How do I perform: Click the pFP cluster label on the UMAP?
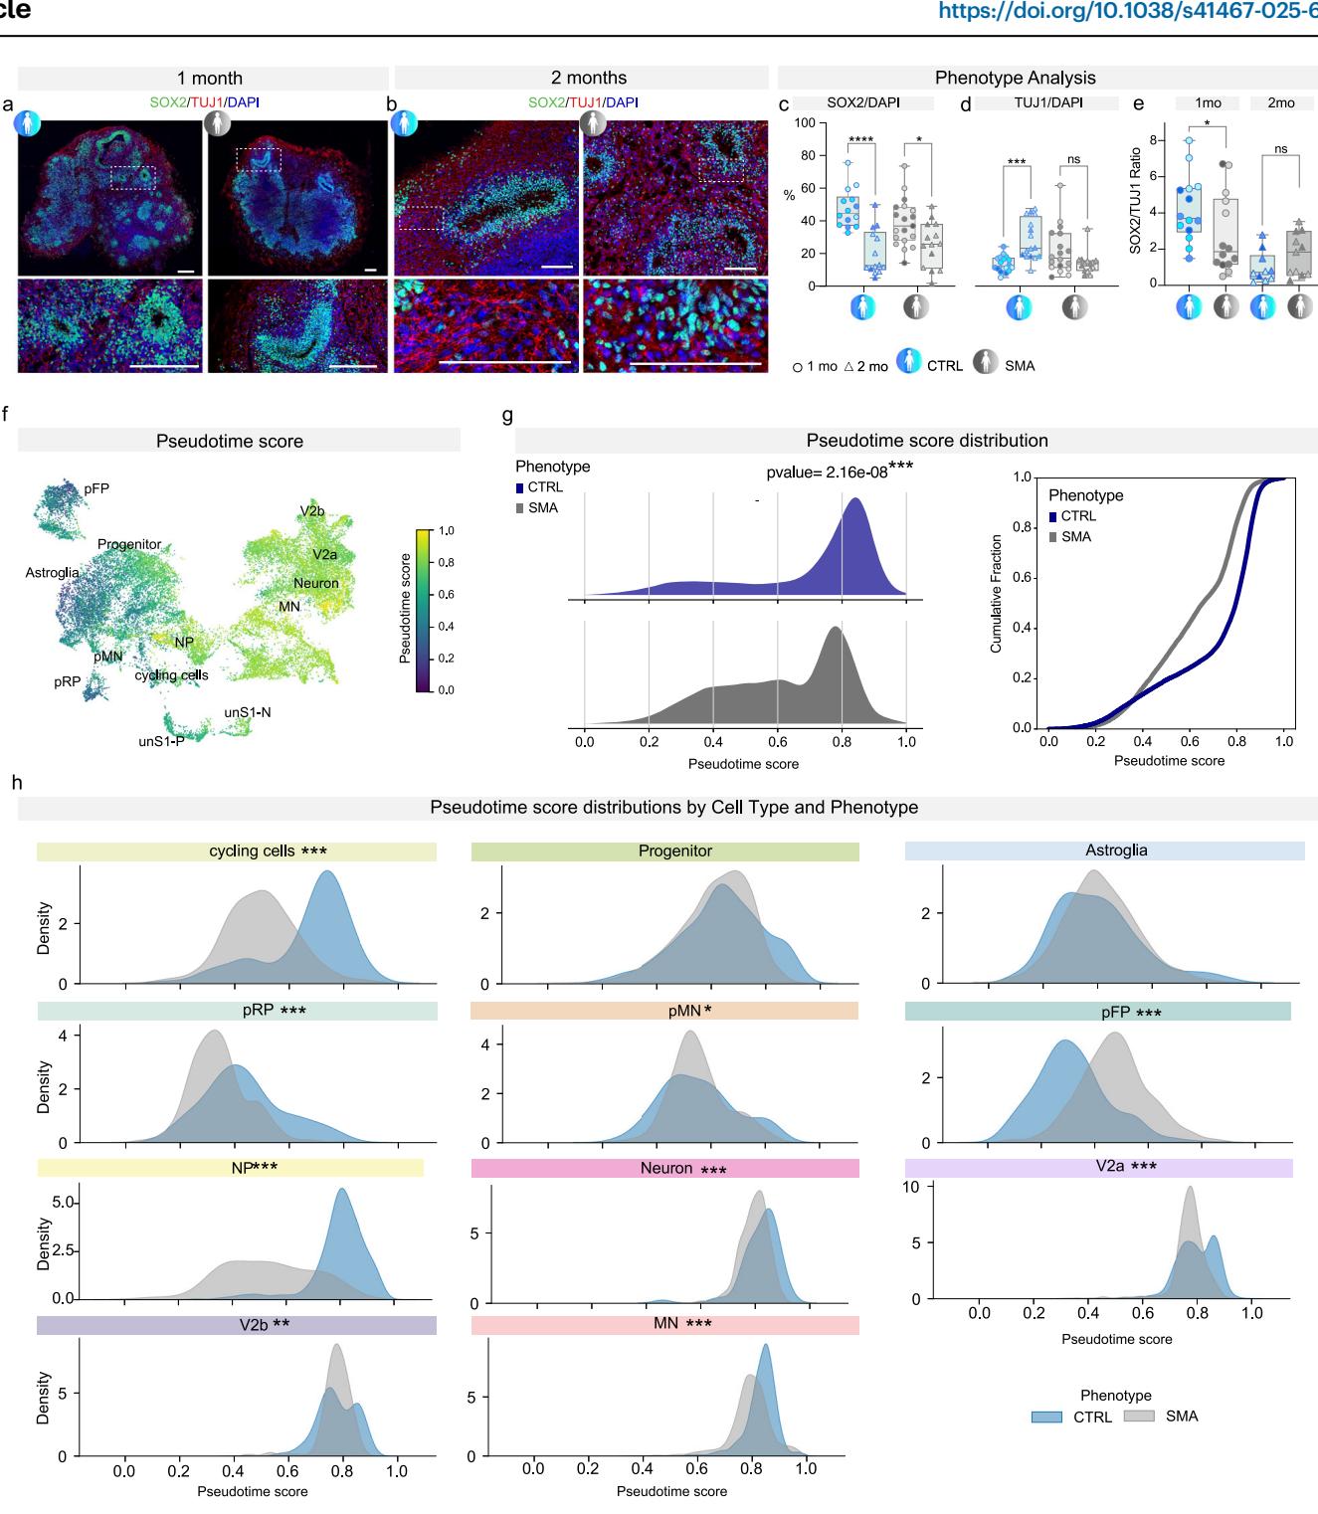pyautogui.click(x=96, y=488)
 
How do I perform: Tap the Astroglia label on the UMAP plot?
pyautogui.click(x=52, y=573)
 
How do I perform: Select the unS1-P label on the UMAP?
pyautogui.click(x=161, y=741)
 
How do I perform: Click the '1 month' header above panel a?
pyautogui.click(x=209, y=78)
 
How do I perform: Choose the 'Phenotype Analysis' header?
pyautogui.click(x=1015, y=78)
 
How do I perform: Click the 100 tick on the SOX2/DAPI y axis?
pyautogui.click(x=804, y=123)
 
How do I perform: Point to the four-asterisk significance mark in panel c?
pyautogui.click(x=862, y=140)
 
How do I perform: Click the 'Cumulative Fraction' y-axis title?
pyautogui.click(x=996, y=594)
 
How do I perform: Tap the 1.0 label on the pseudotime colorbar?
pyautogui.click(x=446, y=531)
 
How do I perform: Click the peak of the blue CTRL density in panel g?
pyautogui.click(x=855, y=500)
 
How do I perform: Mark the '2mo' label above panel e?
pyautogui.click(x=1281, y=102)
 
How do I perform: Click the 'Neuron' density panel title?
pyautogui.click(x=665, y=1168)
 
